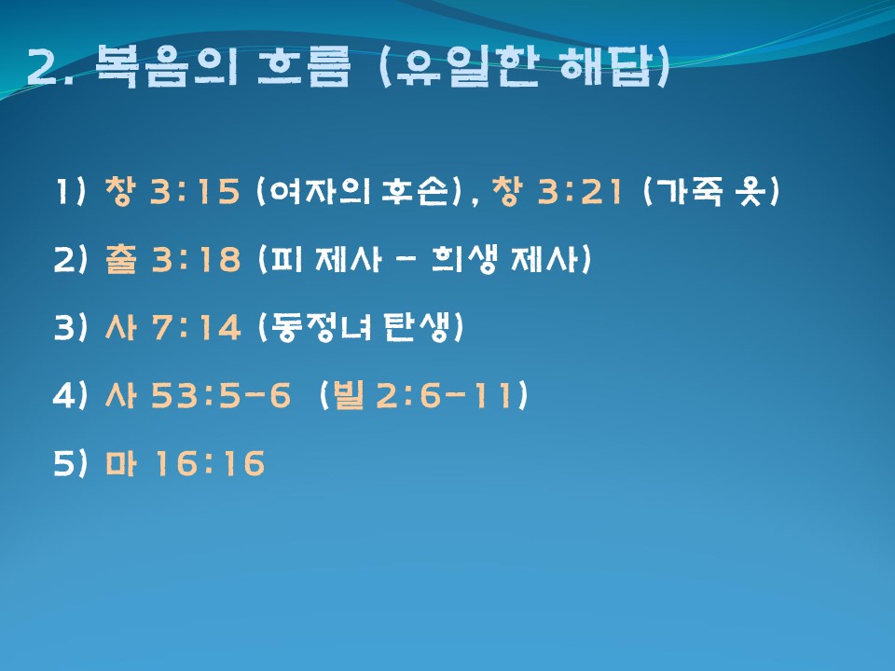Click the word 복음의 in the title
(166, 66)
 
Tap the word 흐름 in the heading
(303, 66)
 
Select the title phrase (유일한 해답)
(523, 66)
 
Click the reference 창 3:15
(172, 190)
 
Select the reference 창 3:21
(557, 190)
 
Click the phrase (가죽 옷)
(710, 190)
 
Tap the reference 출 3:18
(172, 259)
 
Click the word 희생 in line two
(464, 259)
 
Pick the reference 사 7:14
(172, 327)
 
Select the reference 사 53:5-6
(198, 395)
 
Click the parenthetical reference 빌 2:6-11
(423, 395)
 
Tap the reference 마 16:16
(185, 463)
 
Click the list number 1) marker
(71, 190)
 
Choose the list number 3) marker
(71, 327)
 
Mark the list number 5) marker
(71, 463)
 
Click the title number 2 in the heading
(42, 67)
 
